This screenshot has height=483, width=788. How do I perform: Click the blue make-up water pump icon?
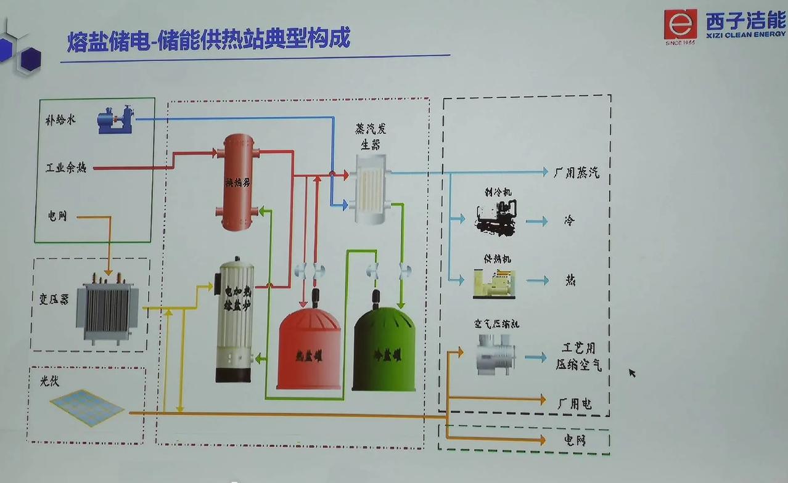coord(115,120)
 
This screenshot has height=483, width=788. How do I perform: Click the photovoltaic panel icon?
coord(87,407)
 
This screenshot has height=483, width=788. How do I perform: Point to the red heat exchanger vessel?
coord(238,182)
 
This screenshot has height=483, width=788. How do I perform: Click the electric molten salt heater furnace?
coord(234,320)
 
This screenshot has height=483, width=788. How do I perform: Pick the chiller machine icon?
coord(496,217)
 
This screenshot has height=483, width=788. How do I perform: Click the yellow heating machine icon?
coord(494,283)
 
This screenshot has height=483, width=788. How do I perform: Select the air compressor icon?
coord(495,354)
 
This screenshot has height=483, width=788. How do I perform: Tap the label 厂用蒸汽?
coord(576,173)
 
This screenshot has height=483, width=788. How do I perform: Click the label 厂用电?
coord(574,404)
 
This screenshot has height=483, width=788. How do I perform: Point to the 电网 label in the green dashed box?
coord(574,440)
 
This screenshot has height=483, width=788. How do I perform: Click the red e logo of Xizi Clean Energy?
coord(680,25)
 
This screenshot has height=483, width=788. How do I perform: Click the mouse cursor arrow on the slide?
coord(631,372)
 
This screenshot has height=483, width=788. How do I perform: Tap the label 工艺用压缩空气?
coord(578,357)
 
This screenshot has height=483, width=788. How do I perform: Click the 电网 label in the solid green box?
coord(57,216)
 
